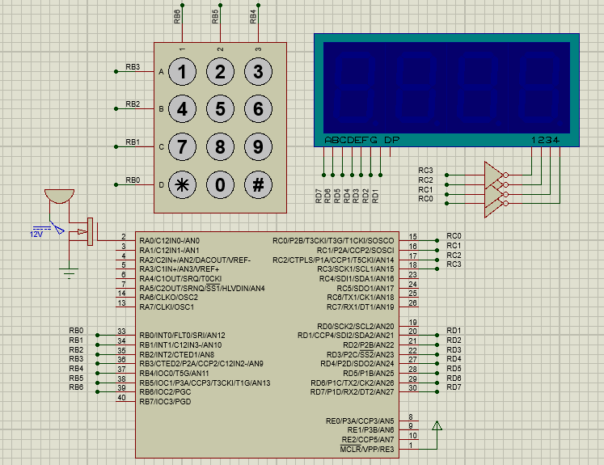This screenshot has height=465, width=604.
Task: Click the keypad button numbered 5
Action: [x=220, y=109]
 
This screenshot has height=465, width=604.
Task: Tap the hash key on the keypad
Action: [x=258, y=184]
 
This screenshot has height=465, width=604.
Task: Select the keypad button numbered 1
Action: [x=182, y=72]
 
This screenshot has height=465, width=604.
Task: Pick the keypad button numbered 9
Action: [x=258, y=147]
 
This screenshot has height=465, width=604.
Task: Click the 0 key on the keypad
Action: [x=220, y=184]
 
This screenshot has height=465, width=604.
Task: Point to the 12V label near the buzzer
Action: [x=36, y=234]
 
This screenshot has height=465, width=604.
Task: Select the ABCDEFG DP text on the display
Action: [x=361, y=140]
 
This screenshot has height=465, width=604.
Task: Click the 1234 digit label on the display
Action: [x=545, y=140]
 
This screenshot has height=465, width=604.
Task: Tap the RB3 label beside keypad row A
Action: [x=133, y=66]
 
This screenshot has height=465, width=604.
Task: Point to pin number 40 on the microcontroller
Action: [x=121, y=398]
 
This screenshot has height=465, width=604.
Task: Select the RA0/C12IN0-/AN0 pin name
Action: [x=169, y=240]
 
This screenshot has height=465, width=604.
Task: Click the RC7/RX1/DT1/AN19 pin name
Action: [x=360, y=306]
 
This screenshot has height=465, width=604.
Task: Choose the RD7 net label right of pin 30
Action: [x=454, y=387]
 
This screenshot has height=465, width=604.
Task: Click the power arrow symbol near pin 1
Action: [x=437, y=426]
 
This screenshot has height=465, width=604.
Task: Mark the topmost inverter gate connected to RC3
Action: [x=494, y=171]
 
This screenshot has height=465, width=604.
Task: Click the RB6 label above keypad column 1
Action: [x=177, y=15]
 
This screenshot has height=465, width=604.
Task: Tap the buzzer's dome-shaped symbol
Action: [x=58, y=196]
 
